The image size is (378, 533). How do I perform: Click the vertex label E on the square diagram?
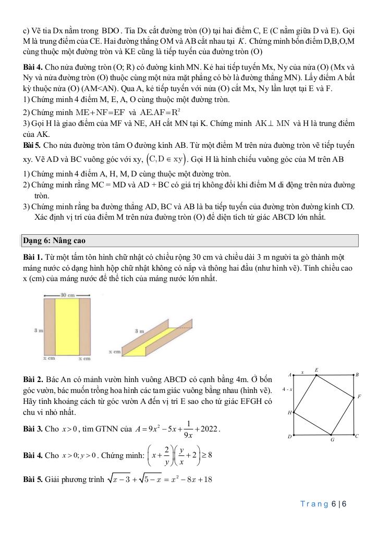tap(316, 370)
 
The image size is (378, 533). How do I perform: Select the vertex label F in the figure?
tap(359, 397)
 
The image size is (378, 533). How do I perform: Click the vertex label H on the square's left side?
tap(289, 413)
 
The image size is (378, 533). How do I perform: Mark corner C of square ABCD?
tap(357, 436)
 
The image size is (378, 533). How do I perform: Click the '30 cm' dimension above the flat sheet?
tap(68, 295)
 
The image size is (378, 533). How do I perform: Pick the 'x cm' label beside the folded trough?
tap(115, 352)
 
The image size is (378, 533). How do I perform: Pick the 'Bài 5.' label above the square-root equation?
tap(34, 480)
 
